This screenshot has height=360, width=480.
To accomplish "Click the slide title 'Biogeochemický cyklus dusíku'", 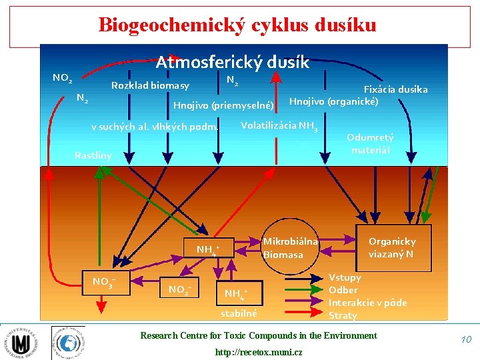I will [x=237, y=25].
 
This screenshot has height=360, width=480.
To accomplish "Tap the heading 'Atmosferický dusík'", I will [x=232, y=62].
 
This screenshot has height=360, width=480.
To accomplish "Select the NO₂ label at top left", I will [x=62, y=78].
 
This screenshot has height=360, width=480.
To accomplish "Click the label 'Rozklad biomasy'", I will [x=150, y=85].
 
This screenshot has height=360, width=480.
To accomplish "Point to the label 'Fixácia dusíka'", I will [x=395, y=89].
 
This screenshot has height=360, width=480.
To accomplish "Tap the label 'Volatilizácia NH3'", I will [x=279, y=126].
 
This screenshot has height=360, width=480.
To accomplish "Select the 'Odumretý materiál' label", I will [x=370, y=143].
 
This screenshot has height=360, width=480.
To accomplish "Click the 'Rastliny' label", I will [x=93, y=155].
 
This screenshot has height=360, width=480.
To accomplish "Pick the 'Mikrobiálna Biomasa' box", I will [x=290, y=247].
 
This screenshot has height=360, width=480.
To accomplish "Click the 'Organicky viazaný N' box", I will [x=391, y=247].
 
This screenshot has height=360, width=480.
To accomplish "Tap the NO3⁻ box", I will [x=104, y=282].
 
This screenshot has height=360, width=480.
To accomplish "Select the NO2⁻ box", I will [x=179, y=289].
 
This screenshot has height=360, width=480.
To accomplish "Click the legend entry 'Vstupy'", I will [x=345, y=277].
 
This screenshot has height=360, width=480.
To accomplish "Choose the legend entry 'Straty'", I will [x=343, y=315].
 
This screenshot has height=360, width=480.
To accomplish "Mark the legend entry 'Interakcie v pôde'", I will [x=367, y=303].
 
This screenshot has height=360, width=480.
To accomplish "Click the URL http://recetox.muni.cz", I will [x=258, y=351].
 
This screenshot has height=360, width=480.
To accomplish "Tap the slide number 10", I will [x=465, y=340].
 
